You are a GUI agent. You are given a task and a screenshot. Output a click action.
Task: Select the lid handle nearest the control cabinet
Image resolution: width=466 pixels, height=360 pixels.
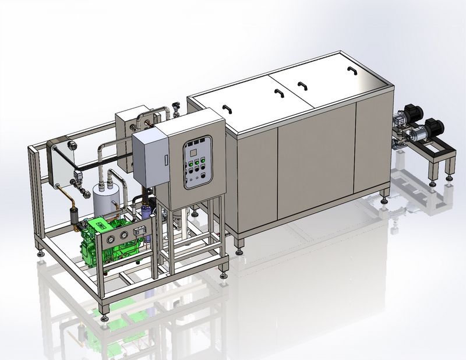tap(227, 108)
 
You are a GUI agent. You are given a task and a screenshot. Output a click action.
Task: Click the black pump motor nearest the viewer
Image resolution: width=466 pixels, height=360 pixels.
tap(436, 125)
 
